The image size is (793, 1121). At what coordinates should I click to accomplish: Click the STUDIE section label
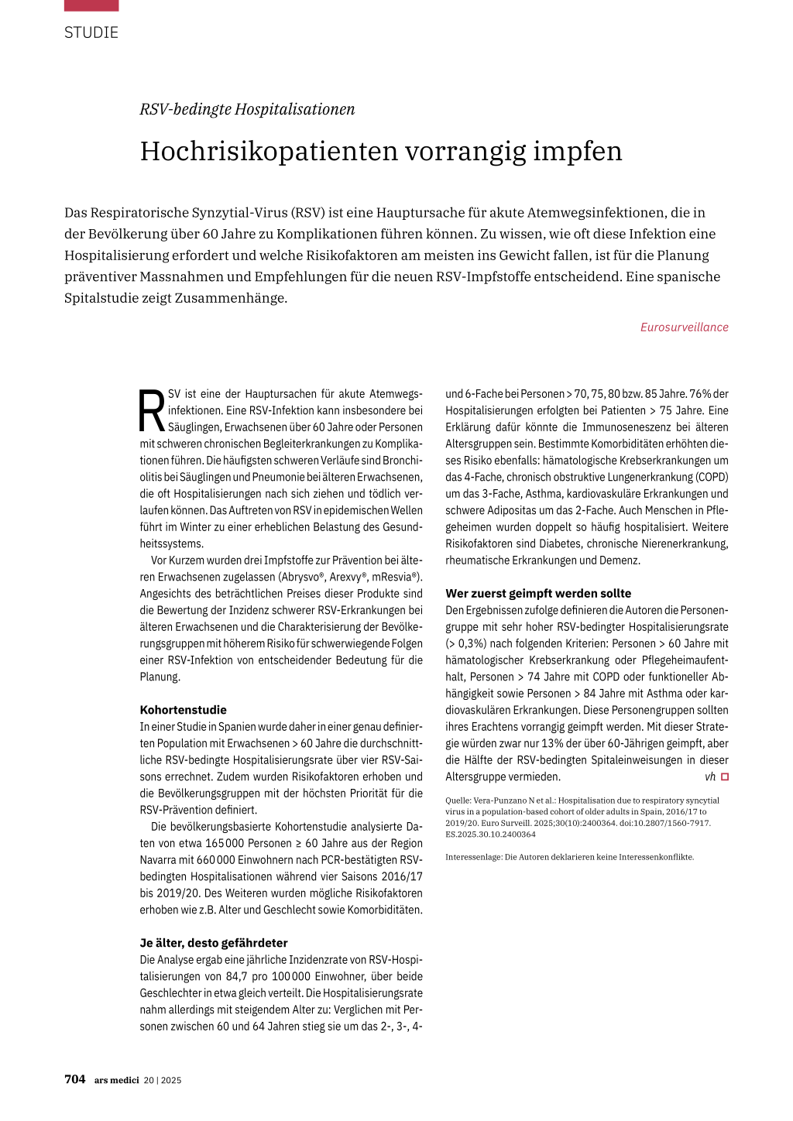[x=91, y=33]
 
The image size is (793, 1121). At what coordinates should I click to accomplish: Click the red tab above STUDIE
[x=91, y=5]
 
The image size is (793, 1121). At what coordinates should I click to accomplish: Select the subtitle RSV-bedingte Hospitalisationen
[x=247, y=109]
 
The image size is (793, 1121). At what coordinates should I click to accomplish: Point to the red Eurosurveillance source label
[x=684, y=327]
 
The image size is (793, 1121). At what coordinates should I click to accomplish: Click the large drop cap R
[x=152, y=411]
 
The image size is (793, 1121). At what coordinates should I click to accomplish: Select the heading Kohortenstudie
[x=183, y=710]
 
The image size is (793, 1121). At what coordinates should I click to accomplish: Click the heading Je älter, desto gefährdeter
[x=214, y=943]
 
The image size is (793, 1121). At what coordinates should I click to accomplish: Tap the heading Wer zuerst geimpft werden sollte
[x=538, y=594]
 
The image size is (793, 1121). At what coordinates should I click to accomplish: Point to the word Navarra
[x=159, y=860]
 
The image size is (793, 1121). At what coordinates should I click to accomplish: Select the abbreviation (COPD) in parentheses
[x=709, y=477]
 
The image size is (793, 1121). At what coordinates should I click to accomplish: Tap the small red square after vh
[x=725, y=776]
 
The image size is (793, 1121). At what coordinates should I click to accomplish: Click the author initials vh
[x=710, y=776]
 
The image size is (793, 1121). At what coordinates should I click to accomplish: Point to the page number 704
[x=75, y=1079]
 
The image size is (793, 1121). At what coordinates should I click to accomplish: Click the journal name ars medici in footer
[x=116, y=1080]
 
